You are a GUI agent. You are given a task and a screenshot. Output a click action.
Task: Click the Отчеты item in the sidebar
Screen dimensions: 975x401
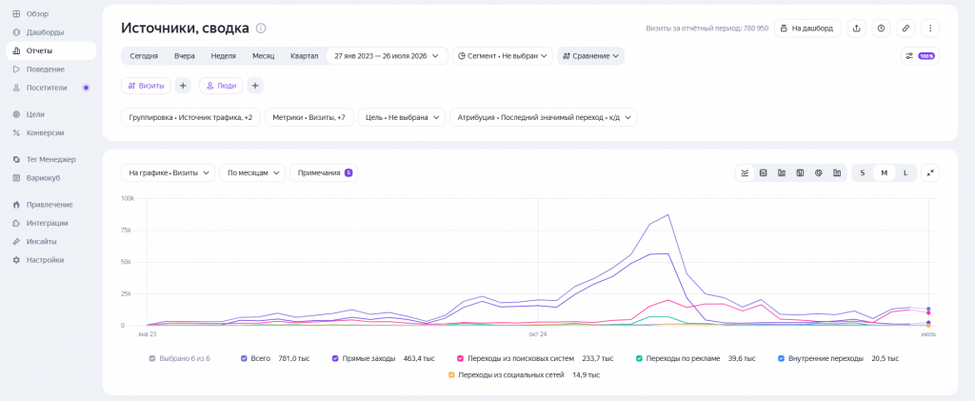[x=51, y=51]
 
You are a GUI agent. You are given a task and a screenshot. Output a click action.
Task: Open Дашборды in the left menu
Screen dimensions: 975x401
[x=45, y=32]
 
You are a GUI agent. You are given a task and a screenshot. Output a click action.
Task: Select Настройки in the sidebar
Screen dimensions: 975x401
[x=45, y=260]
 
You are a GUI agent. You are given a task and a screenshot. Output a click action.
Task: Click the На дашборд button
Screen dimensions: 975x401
[x=807, y=28]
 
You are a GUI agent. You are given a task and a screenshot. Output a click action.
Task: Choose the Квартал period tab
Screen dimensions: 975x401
[x=304, y=56]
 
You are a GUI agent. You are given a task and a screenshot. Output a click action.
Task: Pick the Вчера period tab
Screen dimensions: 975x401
[x=185, y=56]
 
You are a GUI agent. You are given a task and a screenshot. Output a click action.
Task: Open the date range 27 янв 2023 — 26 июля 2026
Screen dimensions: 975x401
[x=387, y=56]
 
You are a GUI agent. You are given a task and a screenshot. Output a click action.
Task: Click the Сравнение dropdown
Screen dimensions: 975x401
[x=590, y=56]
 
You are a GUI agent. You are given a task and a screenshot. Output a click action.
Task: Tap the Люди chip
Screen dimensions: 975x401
[x=221, y=86]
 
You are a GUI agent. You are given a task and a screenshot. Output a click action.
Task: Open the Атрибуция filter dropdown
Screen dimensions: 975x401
[x=543, y=117]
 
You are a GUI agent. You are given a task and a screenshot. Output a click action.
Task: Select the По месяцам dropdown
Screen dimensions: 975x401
[x=251, y=172]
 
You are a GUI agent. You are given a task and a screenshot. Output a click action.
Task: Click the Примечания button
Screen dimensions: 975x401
[x=324, y=172]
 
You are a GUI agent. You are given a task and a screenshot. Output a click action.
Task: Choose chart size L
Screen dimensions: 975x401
[x=905, y=172]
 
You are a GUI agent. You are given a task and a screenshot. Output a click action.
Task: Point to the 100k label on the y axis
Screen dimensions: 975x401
[x=127, y=198]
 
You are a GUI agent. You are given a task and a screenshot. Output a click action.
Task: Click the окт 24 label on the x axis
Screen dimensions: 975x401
[x=538, y=334]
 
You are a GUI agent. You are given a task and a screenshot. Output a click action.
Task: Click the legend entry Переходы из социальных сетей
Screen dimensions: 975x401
[x=524, y=375]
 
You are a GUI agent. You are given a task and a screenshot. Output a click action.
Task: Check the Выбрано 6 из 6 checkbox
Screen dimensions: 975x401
[x=152, y=359]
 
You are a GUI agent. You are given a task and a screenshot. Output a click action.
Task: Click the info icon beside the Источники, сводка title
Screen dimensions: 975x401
[x=261, y=28]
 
